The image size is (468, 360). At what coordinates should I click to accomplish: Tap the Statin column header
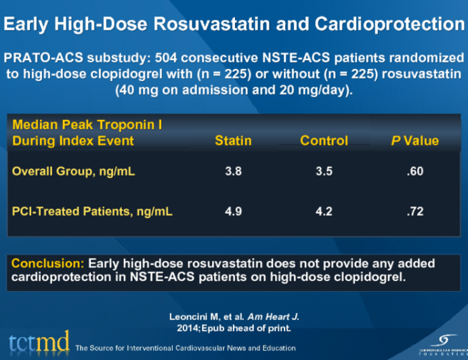(233, 141)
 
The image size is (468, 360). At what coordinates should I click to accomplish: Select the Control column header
(324, 141)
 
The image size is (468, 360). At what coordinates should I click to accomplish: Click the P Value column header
(414, 141)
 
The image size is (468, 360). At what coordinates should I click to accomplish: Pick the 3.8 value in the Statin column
(233, 171)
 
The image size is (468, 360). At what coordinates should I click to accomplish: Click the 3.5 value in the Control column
(324, 171)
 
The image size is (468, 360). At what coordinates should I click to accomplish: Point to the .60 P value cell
(414, 171)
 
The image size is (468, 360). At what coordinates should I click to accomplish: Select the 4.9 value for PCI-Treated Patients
(233, 212)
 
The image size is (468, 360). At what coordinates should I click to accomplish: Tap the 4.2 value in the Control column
(324, 212)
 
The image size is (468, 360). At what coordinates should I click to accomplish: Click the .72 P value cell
(414, 212)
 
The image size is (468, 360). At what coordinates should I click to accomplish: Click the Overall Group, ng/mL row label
(73, 171)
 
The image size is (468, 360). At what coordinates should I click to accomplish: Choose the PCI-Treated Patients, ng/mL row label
(92, 212)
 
